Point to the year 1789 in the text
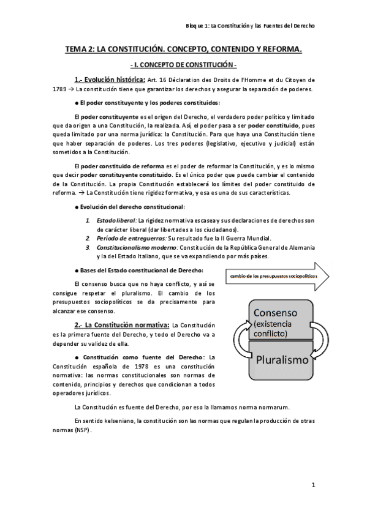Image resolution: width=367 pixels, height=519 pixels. [59, 89]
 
